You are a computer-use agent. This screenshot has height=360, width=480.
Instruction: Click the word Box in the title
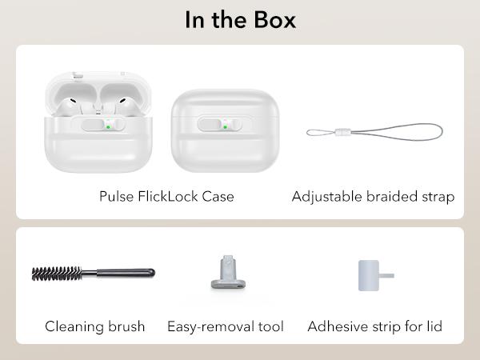pyautogui.click(x=275, y=20)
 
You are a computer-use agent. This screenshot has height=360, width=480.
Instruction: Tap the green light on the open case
pyautogui.click(x=108, y=127)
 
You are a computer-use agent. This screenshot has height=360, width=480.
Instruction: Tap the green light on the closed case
pyautogui.click(x=226, y=127)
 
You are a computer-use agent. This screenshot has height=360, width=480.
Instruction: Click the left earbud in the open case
pyautogui.click(x=70, y=106)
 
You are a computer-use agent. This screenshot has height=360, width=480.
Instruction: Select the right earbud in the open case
pyautogui.click(x=125, y=106)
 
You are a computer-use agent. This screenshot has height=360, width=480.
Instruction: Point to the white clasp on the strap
pyautogui.click(x=342, y=132)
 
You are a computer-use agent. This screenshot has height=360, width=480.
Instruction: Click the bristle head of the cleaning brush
pyautogui.click(x=57, y=274)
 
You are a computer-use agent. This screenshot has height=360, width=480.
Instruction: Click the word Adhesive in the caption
pyautogui.click(x=334, y=326)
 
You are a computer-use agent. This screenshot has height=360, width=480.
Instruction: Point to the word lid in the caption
pyautogui.click(x=435, y=326)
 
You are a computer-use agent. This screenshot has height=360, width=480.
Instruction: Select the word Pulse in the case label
pyautogui.click(x=116, y=196)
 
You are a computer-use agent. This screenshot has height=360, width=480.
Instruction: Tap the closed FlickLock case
pyautogui.click(x=226, y=130)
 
